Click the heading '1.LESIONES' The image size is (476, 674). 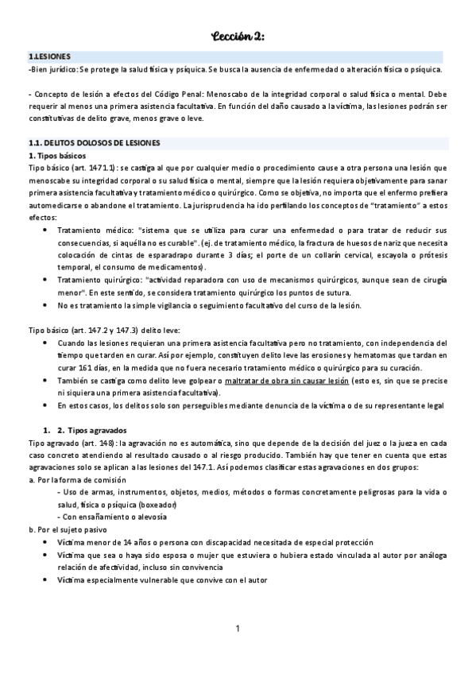coord(49,57)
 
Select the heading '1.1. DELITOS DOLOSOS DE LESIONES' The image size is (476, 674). coord(94,142)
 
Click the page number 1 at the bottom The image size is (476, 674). coord(238,629)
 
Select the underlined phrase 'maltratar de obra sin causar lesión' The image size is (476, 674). coord(286,381)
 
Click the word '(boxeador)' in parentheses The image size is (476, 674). coord(159,505)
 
